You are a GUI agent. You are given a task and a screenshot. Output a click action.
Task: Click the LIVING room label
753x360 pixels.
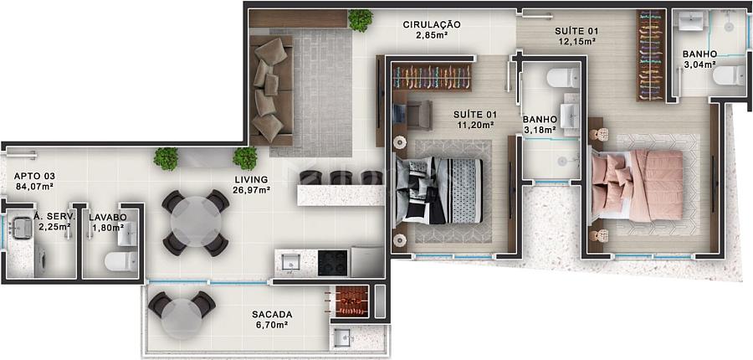252,179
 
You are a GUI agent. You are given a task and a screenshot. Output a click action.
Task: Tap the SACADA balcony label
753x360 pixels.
272,314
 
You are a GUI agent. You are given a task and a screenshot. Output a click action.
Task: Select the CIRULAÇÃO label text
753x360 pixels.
432,24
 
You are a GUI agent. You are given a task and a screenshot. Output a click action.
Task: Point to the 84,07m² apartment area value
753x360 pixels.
33,186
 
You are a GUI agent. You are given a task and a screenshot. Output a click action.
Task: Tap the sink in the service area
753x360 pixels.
22,227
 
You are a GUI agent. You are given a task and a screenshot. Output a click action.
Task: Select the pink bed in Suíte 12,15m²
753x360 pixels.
638,186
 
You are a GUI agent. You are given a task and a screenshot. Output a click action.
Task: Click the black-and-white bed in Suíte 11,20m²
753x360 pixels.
438,190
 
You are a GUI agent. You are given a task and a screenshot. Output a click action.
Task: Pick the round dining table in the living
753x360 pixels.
196,222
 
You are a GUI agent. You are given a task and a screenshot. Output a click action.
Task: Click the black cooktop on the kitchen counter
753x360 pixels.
332,263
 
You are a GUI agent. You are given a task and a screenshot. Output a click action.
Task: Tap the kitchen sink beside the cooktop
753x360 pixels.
290,262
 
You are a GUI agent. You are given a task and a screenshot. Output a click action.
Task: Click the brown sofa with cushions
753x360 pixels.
271,90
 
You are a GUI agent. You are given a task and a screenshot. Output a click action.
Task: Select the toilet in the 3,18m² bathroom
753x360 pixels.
563,77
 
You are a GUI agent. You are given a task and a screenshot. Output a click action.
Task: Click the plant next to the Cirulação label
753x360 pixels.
360,20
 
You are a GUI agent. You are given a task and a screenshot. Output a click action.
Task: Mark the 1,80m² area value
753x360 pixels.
107,228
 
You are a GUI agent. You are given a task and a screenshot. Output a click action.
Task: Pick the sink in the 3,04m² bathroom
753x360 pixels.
690,21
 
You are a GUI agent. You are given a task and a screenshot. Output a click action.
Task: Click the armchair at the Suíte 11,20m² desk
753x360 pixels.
417,115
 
